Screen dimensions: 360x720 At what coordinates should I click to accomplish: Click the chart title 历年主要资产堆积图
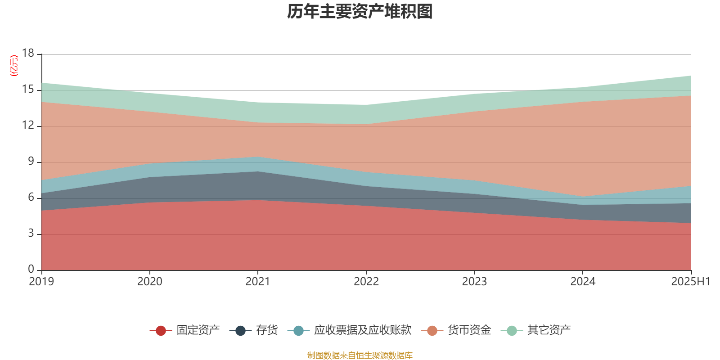coord(360,12)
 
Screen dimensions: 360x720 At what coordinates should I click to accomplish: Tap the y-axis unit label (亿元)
coord(14,66)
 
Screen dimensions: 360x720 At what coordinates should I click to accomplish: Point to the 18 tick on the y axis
coord(28,54)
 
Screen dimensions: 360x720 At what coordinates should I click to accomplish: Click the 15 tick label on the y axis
coord(28,90)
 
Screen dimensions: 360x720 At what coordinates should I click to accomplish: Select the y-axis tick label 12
coord(28,126)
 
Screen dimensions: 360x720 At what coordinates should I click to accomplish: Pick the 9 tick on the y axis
coord(31,162)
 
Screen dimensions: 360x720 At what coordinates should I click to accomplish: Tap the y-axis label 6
coord(31,198)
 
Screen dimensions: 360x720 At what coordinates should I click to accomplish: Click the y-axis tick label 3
coord(31,234)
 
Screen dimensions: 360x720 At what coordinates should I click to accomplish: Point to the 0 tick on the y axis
coord(31,269)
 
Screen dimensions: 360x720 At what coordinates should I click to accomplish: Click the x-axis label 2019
coord(41,282)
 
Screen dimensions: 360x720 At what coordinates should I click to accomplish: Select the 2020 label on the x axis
coord(149,282)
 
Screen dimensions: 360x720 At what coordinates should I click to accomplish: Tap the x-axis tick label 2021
coord(257,282)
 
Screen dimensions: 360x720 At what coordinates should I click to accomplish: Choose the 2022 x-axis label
coord(366,282)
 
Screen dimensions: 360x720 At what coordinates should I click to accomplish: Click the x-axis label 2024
coord(583,282)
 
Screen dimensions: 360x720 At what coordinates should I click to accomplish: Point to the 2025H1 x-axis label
coord(690,282)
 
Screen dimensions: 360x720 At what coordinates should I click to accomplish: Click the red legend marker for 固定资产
coord(161,331)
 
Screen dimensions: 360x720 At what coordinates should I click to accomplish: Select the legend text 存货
coord(267,330)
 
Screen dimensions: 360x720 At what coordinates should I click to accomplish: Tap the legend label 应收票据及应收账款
coord(363,330)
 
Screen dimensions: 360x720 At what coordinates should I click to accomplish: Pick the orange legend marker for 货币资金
coord(432,331)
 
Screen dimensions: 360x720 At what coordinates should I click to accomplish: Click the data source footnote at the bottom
coord(360,355)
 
